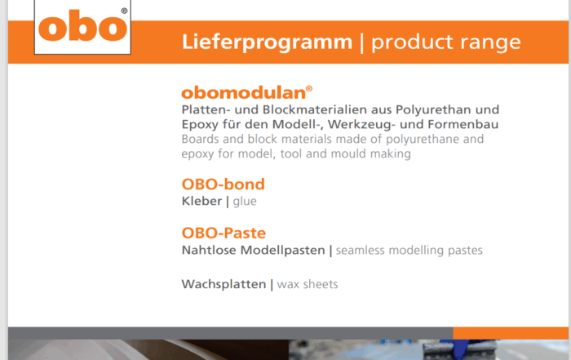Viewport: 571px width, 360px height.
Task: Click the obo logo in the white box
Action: (82, 25)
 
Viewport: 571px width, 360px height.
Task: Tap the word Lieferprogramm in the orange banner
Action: (267, 42)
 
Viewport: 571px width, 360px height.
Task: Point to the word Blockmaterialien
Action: (326, 109)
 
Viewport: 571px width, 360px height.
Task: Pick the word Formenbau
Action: (463, 125)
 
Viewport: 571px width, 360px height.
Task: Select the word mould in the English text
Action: (348, 153)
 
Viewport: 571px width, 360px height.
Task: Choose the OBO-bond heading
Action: (223, 184)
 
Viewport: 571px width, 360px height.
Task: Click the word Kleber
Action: (201, 201)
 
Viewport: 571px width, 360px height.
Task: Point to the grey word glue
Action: (245, 202)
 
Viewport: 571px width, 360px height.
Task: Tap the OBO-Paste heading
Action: (224, 233)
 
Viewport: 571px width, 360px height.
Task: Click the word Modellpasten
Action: (282, 251)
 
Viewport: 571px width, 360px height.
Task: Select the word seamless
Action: (360, 251)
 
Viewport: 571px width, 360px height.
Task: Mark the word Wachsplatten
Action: (224, 285)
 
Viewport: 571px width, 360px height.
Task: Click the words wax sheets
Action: (308, 285)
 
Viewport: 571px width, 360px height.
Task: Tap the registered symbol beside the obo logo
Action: (124, 11)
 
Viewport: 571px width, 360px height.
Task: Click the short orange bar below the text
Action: (511, 333)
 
